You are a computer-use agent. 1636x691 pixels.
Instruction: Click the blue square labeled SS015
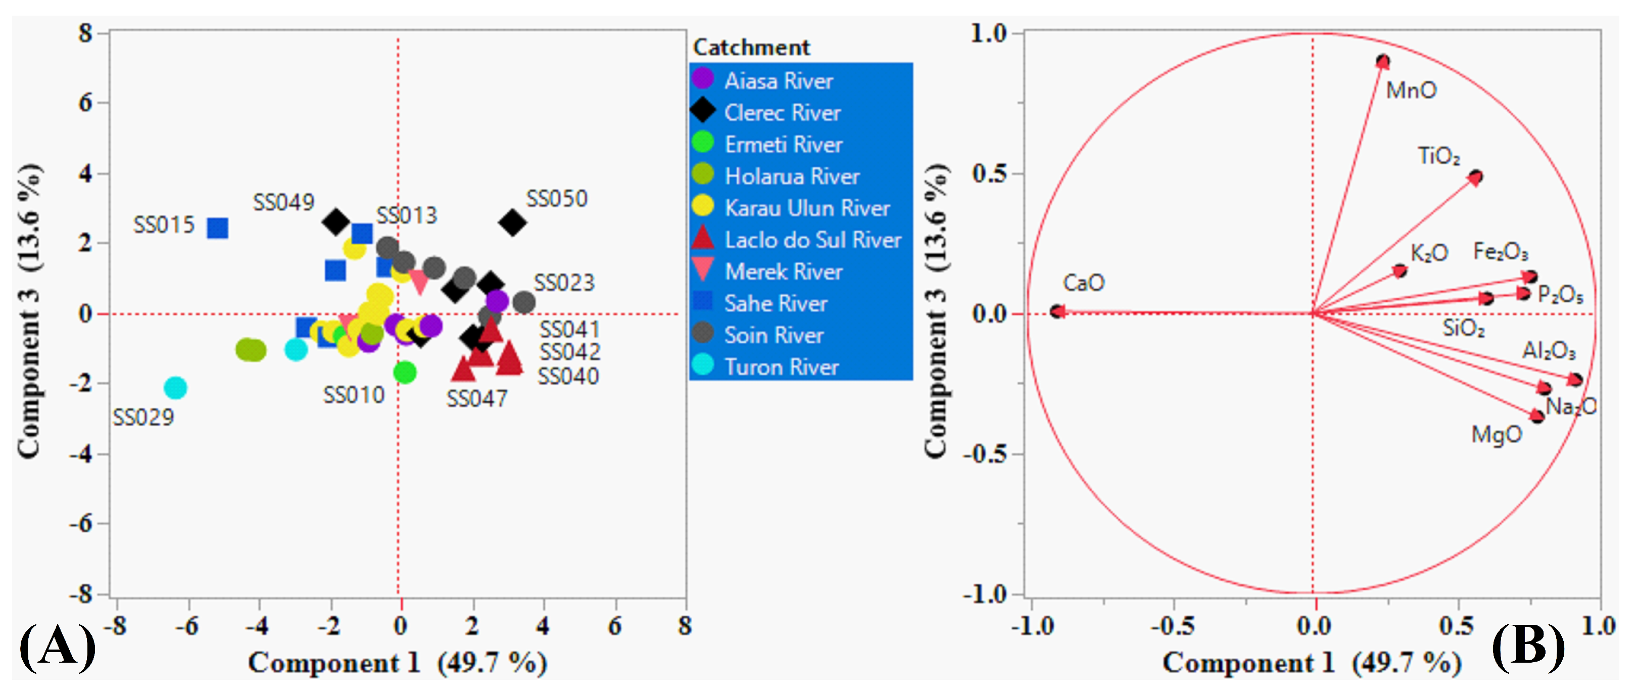tap(217, 227)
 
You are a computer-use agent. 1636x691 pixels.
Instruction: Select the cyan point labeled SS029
tap(175, 387)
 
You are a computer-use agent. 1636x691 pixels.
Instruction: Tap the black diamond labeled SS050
tap(512, 223)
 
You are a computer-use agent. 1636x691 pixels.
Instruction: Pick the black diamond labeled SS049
tap(336, 221)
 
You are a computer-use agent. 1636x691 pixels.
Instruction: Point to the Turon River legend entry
tap(781, 366)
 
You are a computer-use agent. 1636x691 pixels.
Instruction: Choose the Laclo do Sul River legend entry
tap(812, 240)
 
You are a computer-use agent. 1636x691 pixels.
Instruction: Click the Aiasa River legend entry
tap(778, 81)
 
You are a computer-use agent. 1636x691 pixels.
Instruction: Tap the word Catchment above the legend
tap(751, 47)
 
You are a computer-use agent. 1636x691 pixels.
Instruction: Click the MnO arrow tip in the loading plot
tap(1382, 62)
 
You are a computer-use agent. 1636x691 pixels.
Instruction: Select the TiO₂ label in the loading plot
tap(1438, 156)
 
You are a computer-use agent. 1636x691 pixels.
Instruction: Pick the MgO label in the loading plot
tap(1496, 435)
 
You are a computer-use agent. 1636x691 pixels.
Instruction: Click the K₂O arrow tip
tap(1399, 271)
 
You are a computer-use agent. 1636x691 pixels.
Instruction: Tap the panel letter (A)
tap(57, 646)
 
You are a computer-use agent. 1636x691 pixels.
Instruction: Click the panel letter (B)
tap(1527, 646)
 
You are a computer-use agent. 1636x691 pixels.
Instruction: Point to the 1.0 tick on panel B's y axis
tap(989, 33)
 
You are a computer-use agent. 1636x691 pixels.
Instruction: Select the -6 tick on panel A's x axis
tap(187, 626)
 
